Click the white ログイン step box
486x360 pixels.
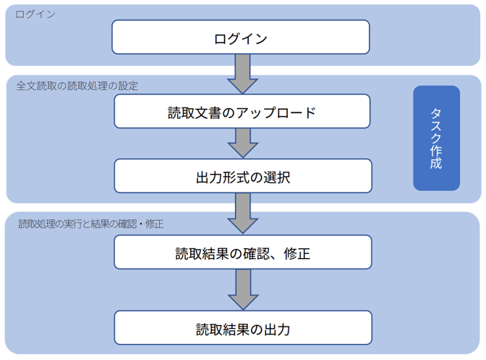tap(241, 37)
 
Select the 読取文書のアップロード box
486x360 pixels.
tap(242, 112)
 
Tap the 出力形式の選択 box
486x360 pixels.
tap(242, 176)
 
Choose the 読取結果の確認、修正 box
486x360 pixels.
tap(242, 253)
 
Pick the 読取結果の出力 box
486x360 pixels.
tap(242, 329)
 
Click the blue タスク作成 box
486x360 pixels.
tap(436, 138)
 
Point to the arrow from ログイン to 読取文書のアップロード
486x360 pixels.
tap(242, 73)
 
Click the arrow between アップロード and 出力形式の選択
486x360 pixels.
tap(242, 144)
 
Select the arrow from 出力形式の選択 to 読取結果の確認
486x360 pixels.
tap(242, 213)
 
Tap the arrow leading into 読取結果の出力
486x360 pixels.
tap(242, 291)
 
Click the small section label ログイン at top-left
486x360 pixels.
tap(36, 15)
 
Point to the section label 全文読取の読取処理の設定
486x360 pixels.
tap(77, 86)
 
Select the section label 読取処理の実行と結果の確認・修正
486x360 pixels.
tap(91, 224)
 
